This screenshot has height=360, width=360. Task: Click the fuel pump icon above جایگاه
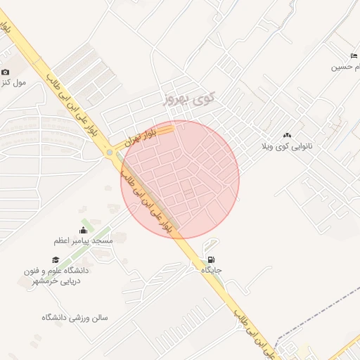(212, 259)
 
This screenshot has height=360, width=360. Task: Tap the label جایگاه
(212, 270)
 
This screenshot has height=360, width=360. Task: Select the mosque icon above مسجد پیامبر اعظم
(84, 230)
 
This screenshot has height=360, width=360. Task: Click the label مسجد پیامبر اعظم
(83, 240)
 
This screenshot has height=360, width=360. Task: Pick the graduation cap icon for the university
(55, 260)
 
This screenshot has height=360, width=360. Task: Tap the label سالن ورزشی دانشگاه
(74, 317)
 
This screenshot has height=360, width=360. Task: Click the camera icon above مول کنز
(5, 72)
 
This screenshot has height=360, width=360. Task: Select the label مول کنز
(13, 82)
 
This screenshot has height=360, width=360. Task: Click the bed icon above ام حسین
(353, 56)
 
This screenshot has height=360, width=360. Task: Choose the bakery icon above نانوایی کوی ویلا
(287, 135)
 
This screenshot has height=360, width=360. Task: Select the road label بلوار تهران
(139, 136)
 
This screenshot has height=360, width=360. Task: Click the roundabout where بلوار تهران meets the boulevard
(110, 152)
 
